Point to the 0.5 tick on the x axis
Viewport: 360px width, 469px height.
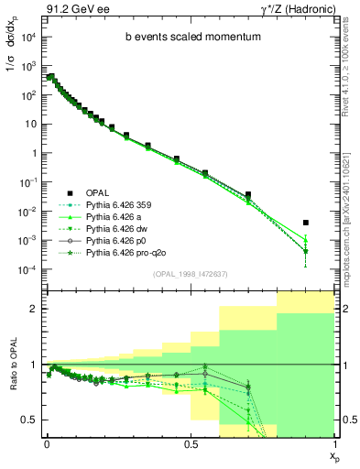coord(191,444)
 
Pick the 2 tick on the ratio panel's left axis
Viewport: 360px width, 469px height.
coord(34,310)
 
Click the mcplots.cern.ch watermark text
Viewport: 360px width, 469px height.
coord(351,206)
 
